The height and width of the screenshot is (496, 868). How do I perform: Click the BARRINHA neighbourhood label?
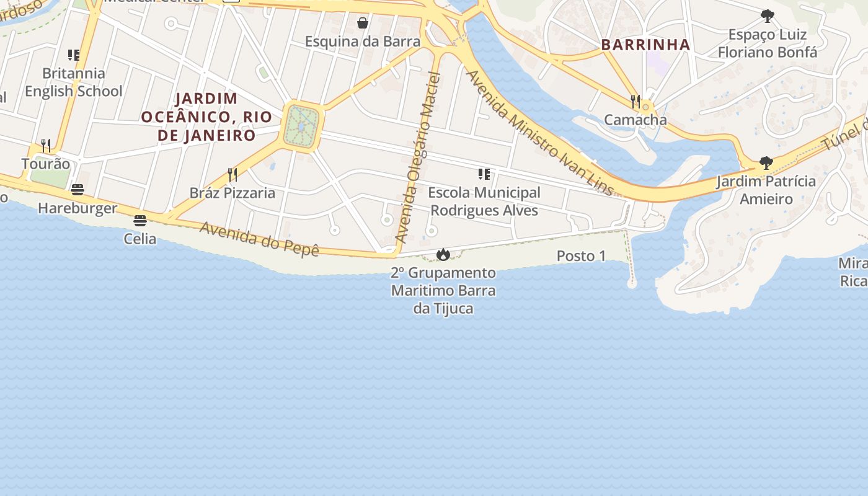pos(645,45)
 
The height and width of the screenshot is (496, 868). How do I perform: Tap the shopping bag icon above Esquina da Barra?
pos(363,23)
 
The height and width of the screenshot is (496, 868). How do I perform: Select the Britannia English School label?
pos(74,82)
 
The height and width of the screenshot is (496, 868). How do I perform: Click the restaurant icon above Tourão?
pos(46,145)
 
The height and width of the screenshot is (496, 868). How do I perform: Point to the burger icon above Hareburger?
pos(77,189)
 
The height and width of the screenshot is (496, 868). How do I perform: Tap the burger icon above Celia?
pos(140,220)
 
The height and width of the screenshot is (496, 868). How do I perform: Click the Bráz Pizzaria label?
pos(232,193)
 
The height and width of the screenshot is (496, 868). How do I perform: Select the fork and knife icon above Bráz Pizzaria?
pos(232,174)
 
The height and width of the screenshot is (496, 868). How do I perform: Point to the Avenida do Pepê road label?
pos(259,239)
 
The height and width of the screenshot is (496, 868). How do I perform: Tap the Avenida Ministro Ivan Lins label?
pos(539,133)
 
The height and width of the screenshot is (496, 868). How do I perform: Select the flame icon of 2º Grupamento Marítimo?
pos(443,254)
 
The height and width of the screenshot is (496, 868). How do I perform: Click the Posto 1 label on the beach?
pos(581,255)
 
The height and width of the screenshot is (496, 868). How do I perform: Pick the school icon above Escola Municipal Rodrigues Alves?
pos(484,174)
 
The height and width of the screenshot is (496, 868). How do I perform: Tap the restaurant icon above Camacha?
pos(635,101)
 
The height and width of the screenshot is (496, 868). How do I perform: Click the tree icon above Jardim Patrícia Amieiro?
pos(766,163)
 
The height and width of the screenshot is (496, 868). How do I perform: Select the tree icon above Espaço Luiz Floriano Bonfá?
pos(768,15)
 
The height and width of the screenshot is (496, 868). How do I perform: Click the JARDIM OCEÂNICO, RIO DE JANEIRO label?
pos(206,117)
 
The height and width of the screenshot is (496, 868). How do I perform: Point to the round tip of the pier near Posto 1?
pos(632,284)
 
